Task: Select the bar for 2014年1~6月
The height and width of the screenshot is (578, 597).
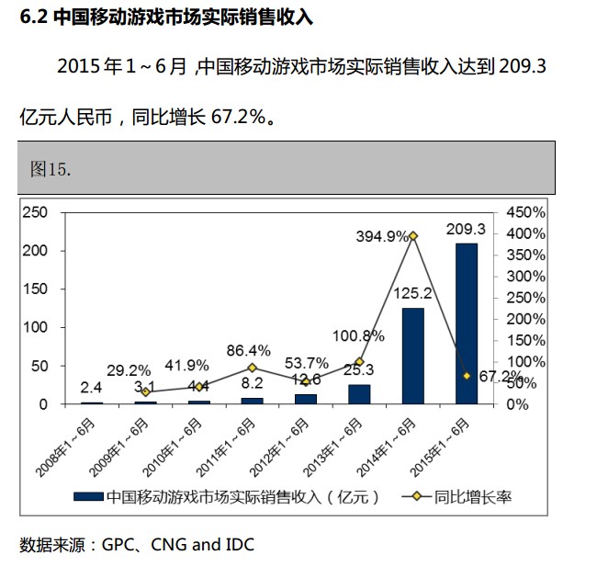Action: pos(413,356)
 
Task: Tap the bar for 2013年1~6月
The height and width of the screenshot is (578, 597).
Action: pos(359,394)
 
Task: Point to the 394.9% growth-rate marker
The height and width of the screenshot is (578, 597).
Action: pos(413,236)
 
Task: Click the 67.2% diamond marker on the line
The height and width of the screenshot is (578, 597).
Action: pos(467,376)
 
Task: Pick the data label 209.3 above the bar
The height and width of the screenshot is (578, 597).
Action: pos(467,229)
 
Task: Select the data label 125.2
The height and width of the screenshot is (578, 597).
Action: pos(413,294)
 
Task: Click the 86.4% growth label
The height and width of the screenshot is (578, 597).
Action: pos(252,350)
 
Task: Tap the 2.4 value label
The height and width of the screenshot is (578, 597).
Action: pos(91,387)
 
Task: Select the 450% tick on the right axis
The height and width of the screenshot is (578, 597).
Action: pos(524,212)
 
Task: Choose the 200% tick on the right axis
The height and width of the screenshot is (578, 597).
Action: pos(524,319)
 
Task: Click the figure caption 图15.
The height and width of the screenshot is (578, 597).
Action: pos(51,169)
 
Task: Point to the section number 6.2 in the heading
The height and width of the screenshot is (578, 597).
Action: pos(34,17)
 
